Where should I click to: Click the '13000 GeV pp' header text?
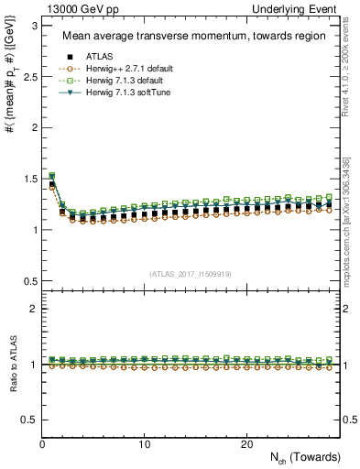[74, 8]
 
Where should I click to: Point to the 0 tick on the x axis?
[43, 444]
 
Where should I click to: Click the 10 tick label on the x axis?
[145, 444]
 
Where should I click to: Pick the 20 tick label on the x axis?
[246, 444]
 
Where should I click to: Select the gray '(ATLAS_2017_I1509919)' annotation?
[191, 273]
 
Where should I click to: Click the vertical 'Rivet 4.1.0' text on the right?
[347, 82]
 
